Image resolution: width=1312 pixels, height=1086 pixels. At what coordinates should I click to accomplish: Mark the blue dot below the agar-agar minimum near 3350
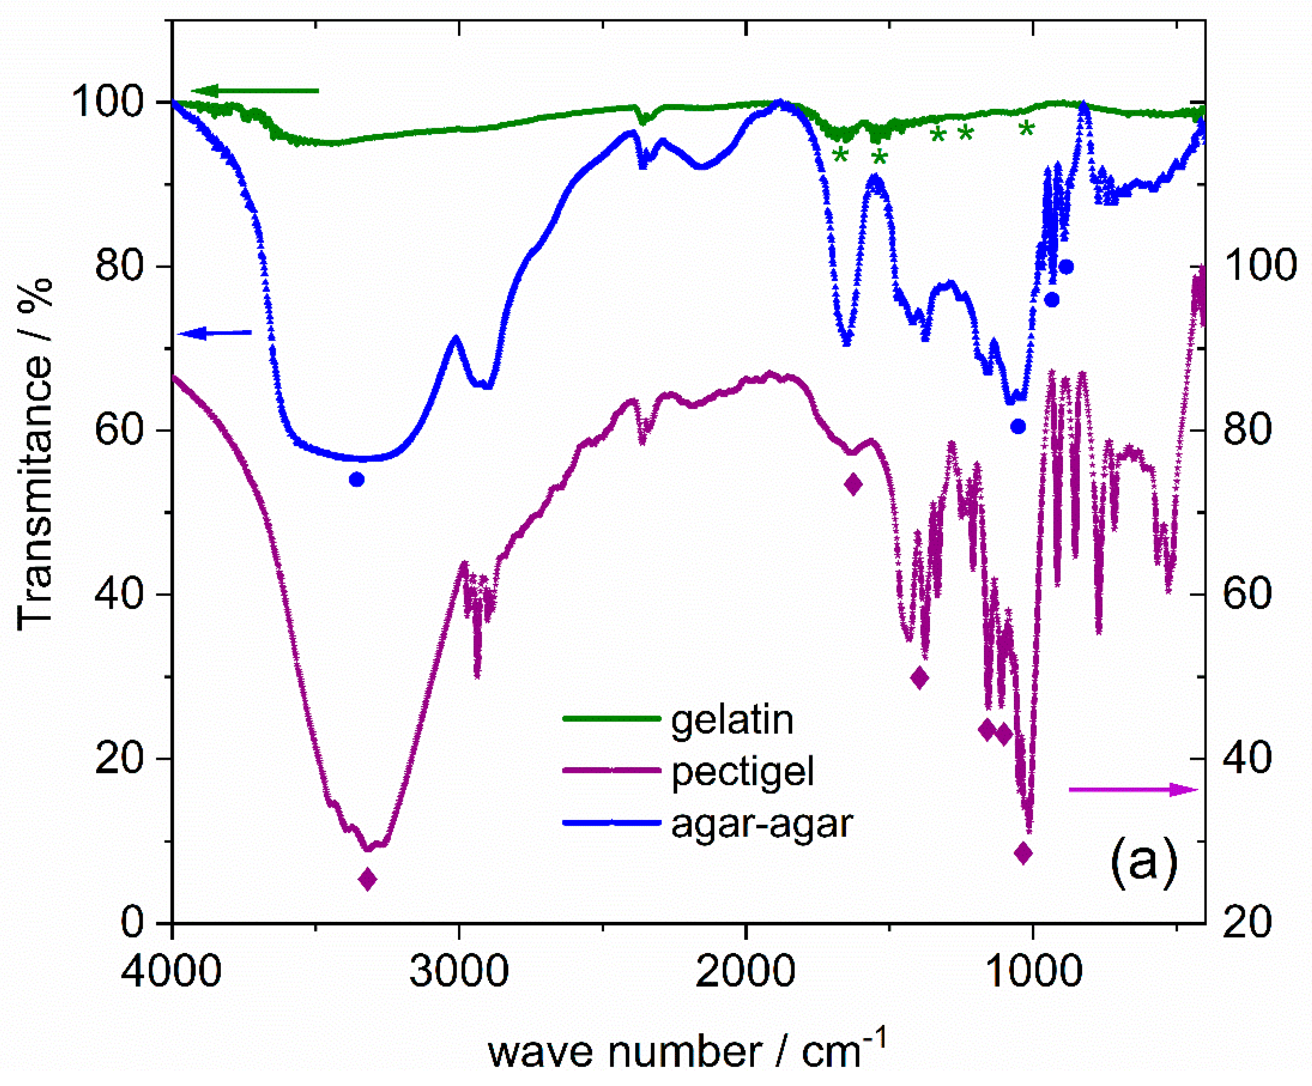(x=357, y=480)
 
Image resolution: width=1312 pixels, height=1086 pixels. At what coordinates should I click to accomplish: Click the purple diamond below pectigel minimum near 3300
(x=368, y=879)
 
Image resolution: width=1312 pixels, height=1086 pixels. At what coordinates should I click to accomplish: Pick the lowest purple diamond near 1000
(x=1023, y=852)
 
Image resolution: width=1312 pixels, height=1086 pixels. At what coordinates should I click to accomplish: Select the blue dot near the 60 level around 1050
(x=1018, y=427)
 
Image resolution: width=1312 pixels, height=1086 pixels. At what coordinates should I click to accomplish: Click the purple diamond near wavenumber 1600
(x=854, y=484)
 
